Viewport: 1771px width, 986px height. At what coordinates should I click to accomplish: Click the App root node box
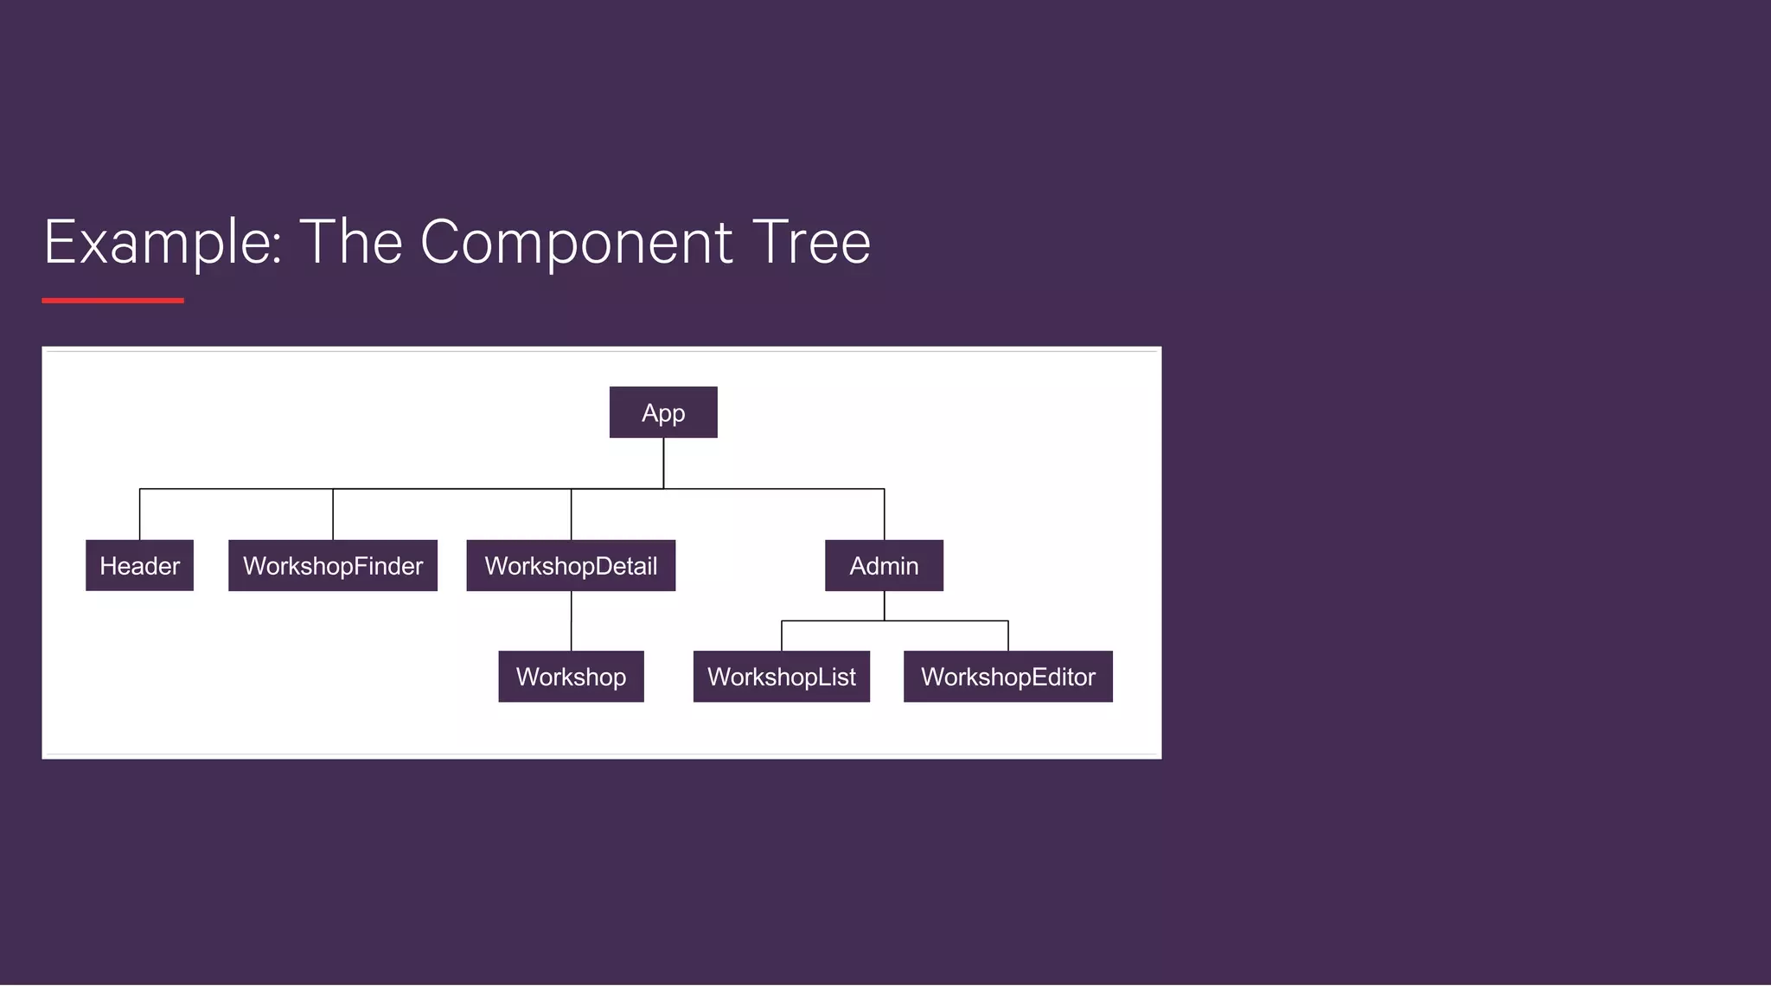[x=663, y=412]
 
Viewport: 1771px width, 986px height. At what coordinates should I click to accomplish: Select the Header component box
[x=139, y=565]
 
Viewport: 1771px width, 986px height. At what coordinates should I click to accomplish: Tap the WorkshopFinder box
[x=333, y=565]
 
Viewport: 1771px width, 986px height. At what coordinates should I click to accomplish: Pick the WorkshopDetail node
[x=571, y=565]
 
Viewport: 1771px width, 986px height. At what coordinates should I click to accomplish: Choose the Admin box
[x=884, y=565]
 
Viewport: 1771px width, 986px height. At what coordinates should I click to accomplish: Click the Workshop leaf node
[x=571, y=676]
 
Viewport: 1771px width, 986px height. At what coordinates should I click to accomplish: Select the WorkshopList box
[x=781, y=676]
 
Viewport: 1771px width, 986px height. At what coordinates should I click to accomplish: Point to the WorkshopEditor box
[x=1007, y=676]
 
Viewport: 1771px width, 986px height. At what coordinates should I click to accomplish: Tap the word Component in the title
[x=577, y=242]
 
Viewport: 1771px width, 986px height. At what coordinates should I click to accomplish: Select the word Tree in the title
[x=811, y=242]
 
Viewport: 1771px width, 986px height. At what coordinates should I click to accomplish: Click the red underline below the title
[x=112, y=301]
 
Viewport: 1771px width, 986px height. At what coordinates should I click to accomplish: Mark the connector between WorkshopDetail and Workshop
[x=571, y=620]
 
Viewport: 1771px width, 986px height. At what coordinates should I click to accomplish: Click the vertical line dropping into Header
[x=140, y=515]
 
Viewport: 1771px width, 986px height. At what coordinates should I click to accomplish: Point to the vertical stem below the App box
[x=663, y=462]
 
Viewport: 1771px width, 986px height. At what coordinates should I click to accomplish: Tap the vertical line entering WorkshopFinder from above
[x=333, y=515]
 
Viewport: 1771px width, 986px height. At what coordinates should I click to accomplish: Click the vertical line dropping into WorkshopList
[x=782, y=636]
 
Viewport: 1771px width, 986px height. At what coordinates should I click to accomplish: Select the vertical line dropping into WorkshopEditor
[x=1008, y=636]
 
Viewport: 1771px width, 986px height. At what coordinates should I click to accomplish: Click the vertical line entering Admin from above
[x=884, y=515]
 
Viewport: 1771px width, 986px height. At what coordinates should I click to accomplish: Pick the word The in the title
[x=350, y=242]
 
